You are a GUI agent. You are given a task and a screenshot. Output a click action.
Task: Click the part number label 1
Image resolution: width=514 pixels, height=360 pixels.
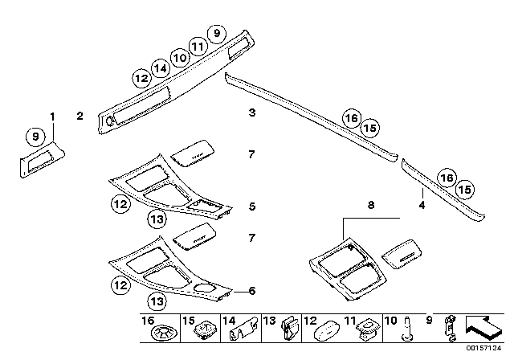click(53, 117)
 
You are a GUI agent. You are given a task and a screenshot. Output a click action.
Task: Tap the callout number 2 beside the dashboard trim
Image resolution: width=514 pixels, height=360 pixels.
click(80, 117)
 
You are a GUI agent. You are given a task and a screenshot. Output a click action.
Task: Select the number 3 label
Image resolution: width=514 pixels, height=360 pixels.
click(251, 113)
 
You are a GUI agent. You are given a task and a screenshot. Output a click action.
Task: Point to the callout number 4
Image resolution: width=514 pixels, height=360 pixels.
click(422, 205)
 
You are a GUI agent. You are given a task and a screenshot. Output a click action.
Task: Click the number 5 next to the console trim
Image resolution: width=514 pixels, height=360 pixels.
click(251, 207)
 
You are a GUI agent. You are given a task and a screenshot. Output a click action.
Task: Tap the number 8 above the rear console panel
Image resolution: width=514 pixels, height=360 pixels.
click(370, 206)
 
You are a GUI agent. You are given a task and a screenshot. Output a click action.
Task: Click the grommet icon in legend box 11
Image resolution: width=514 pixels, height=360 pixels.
click(371, 329)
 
